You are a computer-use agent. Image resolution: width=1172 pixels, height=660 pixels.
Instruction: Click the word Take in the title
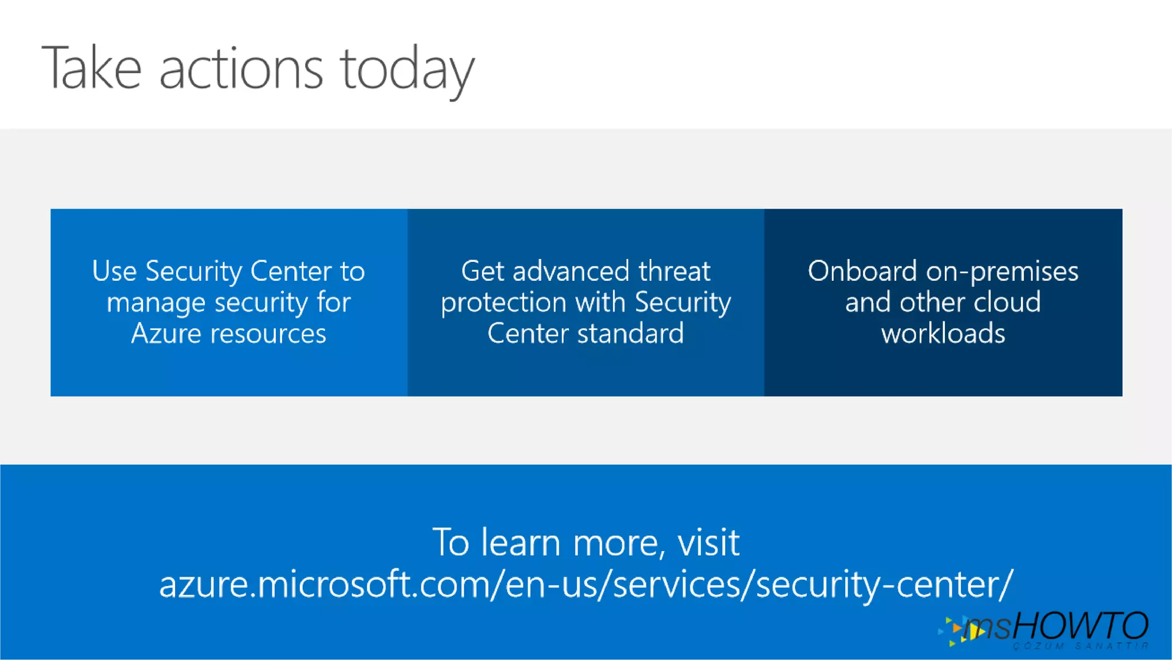(92, 69)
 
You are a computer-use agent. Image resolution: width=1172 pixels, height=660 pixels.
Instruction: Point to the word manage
(156, 303)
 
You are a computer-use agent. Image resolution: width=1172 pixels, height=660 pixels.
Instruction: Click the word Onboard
(862, 271)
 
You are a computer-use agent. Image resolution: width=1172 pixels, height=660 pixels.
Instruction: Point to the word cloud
(1007, 302)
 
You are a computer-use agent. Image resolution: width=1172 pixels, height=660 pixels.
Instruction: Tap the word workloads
(943, 333)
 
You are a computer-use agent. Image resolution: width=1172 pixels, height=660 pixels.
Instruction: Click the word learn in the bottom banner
(520, 542)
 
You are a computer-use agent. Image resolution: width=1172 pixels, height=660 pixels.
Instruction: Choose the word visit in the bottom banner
(708, 542)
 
